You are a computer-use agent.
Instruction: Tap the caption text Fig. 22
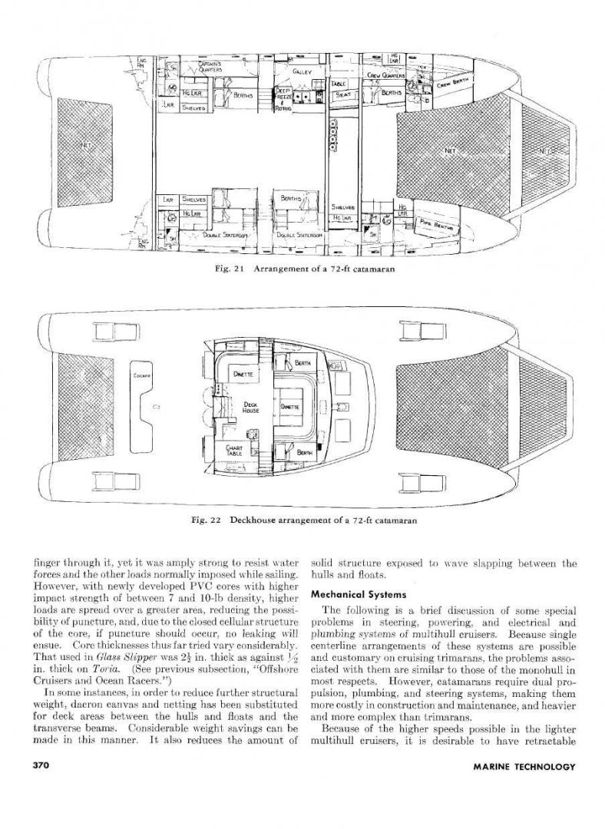[x=206, y=520]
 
